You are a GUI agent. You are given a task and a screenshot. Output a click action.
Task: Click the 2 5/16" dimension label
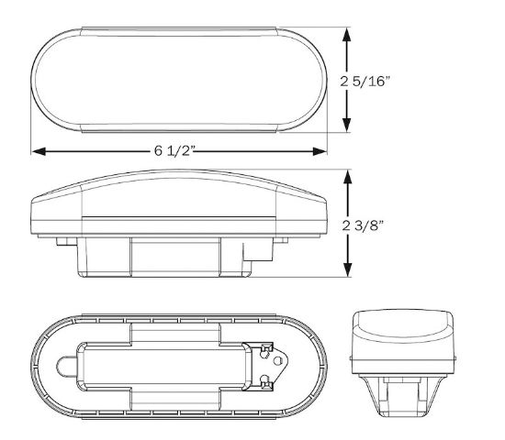[365, 82]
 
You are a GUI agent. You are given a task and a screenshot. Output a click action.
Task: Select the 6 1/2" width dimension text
[174, 151]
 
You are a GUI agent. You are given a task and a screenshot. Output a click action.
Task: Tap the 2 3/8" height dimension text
[363, 225]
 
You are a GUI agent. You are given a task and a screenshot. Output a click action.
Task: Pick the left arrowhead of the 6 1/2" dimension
[39, 151]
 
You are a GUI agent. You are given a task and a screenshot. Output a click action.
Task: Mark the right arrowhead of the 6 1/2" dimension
[320, 151]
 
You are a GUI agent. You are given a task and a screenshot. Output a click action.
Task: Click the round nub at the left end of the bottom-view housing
[67, 367]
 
